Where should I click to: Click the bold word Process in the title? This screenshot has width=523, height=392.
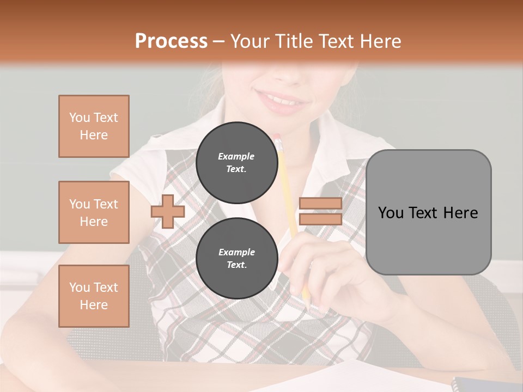[171, 41]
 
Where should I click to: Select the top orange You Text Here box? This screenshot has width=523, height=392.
[94, 126]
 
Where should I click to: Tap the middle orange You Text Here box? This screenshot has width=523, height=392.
[94, 212]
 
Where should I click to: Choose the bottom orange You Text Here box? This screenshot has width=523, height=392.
[94, 296]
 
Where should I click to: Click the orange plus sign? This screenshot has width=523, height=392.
[167, 212]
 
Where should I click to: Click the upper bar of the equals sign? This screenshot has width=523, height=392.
[320, 204]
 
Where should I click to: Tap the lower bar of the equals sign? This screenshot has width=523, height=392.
[320, 219]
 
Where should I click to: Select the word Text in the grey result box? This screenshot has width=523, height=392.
[428, 212]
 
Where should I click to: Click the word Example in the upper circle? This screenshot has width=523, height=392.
[236, 156]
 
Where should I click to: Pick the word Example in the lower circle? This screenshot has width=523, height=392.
[236, 252]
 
